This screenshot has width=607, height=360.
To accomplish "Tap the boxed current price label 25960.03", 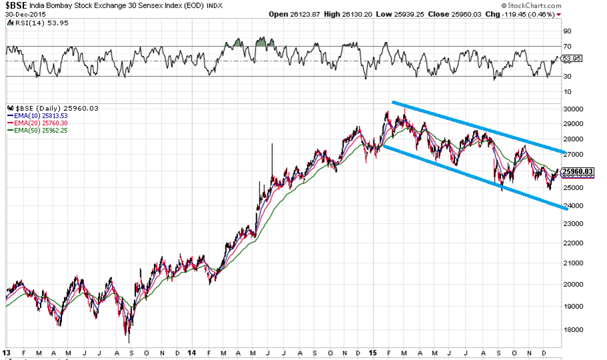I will point(578,172).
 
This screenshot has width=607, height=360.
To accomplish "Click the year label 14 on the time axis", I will point(193,352).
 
